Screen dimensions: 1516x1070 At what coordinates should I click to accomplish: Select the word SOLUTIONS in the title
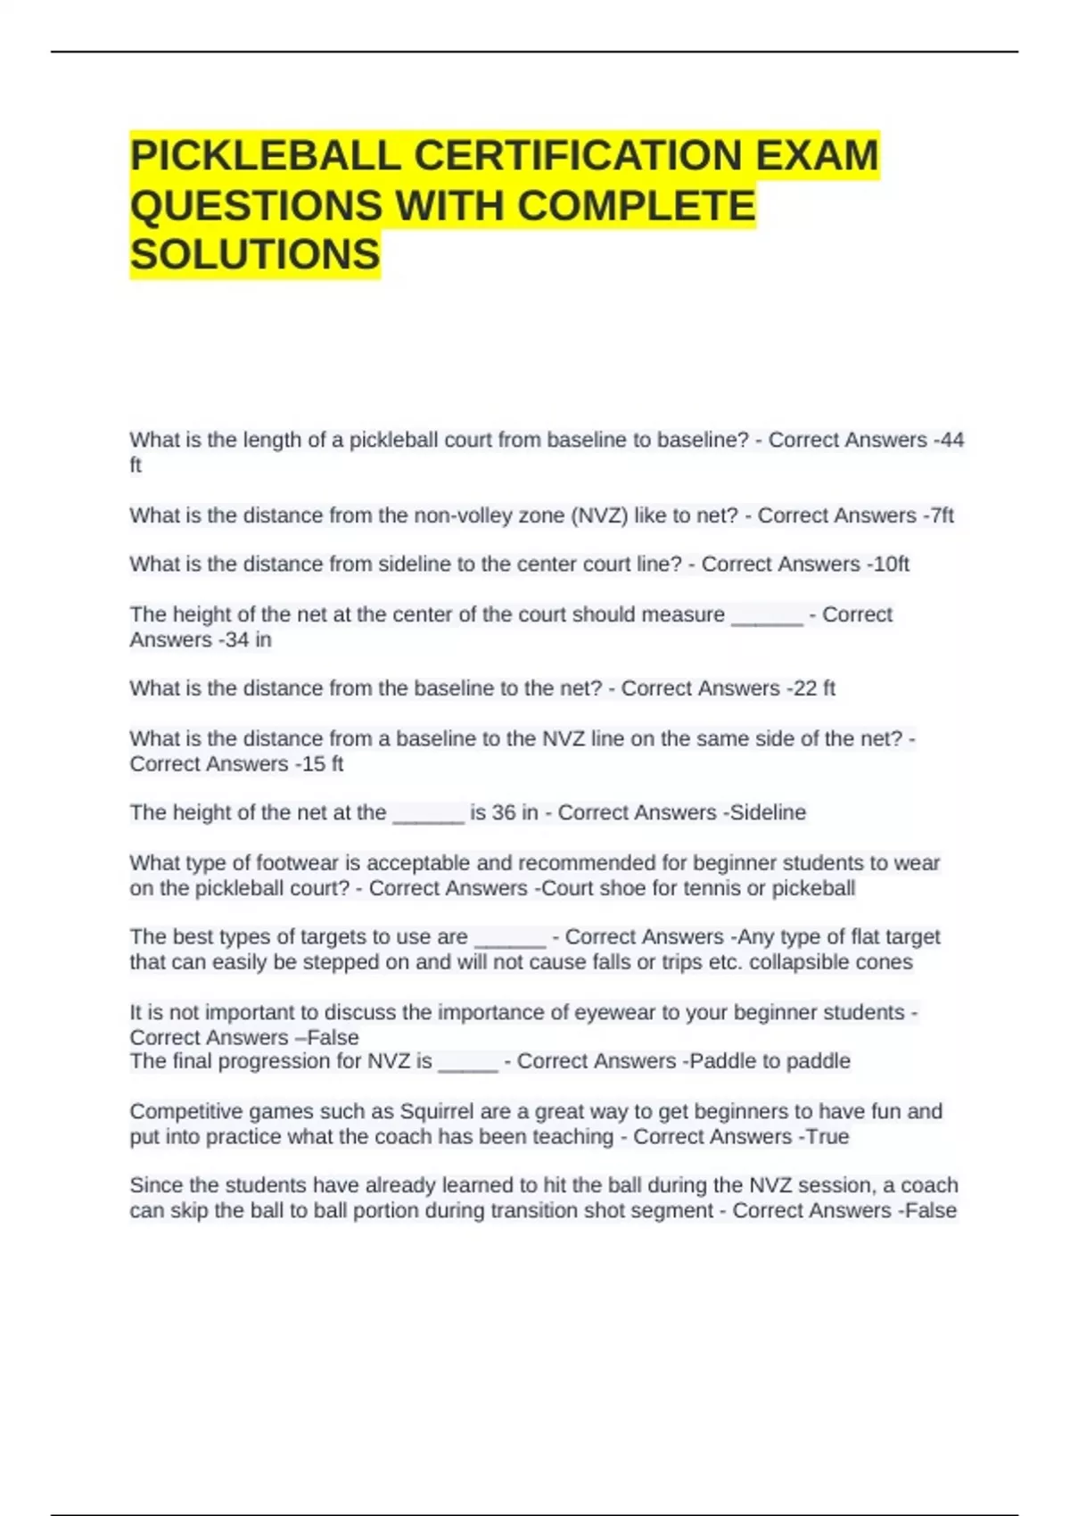point(255,255)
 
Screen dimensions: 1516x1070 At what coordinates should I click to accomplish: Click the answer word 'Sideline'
point(768,812)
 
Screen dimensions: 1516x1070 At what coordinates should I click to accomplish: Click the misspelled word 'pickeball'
point(813,888)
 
